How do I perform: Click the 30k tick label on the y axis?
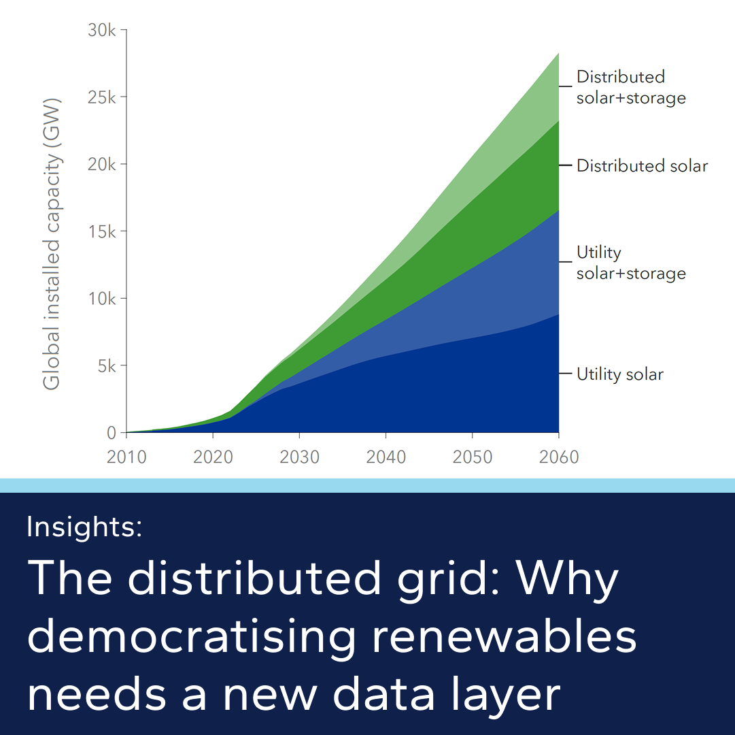102,31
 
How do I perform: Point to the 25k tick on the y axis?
102,97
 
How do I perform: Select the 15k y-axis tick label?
102,231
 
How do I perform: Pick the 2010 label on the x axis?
126,457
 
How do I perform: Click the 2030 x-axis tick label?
299,457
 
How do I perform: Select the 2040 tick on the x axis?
386,457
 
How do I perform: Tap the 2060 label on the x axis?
558,457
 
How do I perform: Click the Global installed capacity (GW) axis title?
52,244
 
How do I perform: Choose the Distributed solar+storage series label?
630,87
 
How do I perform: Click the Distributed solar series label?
642,165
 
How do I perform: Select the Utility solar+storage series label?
630,263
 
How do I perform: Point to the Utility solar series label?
619,374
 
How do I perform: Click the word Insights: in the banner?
84,527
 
